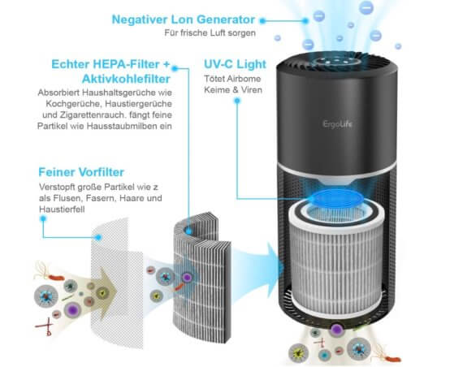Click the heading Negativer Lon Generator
[183, 19]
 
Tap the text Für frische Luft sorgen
[210, 32]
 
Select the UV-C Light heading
[235, 64]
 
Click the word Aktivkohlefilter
[126, 79]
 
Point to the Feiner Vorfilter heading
[81, 172]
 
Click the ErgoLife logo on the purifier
[338, 124]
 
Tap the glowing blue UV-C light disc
[335, 198]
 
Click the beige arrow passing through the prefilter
[101, 293]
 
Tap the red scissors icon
[45, 326]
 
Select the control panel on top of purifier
[336, 62]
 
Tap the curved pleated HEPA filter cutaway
[202, 278]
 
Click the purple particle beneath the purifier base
[336, 329]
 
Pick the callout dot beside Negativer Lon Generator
[262, 20]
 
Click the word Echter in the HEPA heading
[71, 64]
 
